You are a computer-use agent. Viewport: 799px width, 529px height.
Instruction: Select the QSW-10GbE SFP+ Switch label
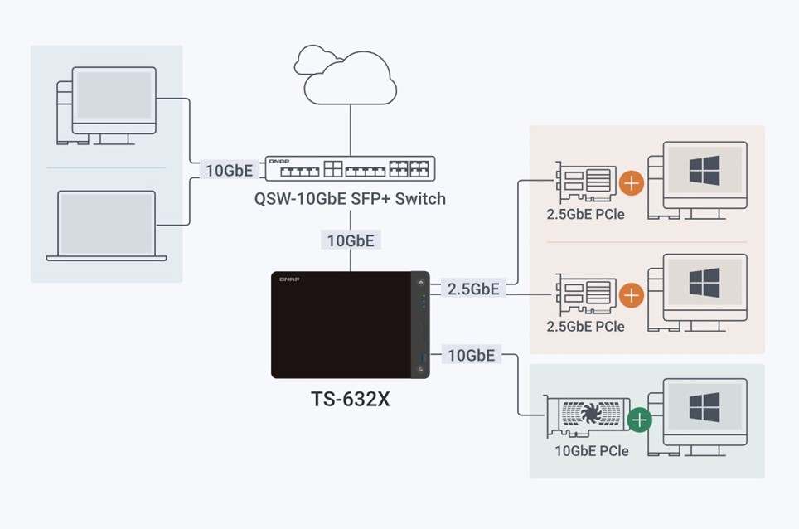(x=350, y=198)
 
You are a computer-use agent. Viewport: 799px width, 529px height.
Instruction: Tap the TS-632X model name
(x=351, y=399)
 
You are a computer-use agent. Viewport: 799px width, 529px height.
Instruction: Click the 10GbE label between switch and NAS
(x=351, y=240)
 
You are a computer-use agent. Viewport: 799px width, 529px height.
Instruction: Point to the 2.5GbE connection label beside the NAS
(x=473, y=289)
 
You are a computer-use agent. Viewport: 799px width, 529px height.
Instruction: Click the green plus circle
(x=640, y=420)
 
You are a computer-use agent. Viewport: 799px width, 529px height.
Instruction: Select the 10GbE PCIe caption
(x=592, y=450)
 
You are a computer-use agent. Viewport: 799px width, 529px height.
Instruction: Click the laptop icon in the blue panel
(x=106, y=226)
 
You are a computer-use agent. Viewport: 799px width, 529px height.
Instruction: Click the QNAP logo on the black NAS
(x=289, y=279)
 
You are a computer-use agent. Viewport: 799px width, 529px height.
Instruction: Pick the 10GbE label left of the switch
(x=230, y=170)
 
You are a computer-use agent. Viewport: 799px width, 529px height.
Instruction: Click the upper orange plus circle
(x=632, y=183)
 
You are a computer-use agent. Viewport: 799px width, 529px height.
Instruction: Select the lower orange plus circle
(x=632, y=295)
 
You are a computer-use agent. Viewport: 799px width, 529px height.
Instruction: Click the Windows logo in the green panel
(x=705, y=407)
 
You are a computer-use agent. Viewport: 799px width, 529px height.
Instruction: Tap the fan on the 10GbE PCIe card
(x=591, y=413)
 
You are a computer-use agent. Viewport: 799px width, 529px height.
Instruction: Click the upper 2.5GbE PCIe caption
(x=585, y=214)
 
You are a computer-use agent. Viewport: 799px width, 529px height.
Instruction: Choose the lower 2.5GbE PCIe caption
(x=585, y=326)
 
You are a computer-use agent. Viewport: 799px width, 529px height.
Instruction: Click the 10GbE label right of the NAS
(x=472, y=355)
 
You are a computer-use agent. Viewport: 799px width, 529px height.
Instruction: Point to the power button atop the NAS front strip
(x=420, y=283)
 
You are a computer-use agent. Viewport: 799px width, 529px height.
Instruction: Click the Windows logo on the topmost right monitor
(x=705, y=170)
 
